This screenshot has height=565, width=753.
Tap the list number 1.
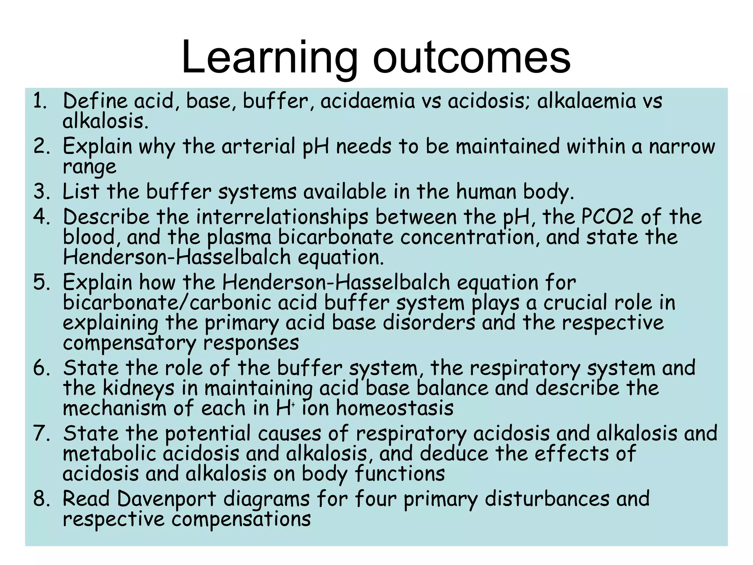(40, 101)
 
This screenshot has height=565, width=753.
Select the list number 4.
(40, 217)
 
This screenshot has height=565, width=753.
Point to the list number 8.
(40, 499)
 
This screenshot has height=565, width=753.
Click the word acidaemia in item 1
(367, 101)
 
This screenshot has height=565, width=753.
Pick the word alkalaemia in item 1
(586, 101)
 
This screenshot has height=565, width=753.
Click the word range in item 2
(89, 167)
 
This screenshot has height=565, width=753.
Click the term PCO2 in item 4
(607, 217)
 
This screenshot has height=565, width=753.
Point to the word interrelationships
(282, 217)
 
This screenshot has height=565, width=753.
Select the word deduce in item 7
(454, 454)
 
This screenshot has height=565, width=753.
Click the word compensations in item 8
(241, 519)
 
